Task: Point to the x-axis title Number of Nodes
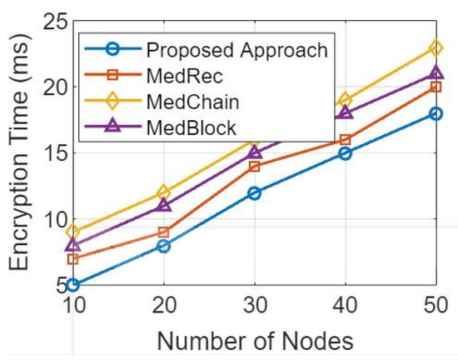point(255,340)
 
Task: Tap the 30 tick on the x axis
point(254,307)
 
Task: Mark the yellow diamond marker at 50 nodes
point(436,47)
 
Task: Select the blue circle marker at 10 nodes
point(73,285)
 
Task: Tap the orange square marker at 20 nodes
point(164,232)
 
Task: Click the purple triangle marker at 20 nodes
point(164,205)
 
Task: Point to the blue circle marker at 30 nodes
point(254,192)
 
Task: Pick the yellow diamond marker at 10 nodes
point(73,232)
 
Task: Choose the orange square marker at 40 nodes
point(345,140)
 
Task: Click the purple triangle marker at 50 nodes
point(436,73)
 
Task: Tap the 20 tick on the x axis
point(164,307)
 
